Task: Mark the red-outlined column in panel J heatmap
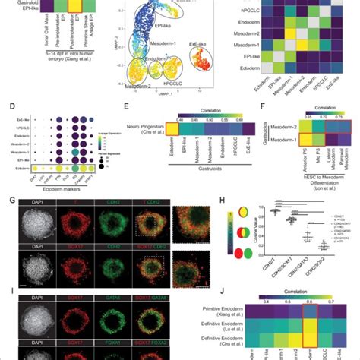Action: tap(311, 327)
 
